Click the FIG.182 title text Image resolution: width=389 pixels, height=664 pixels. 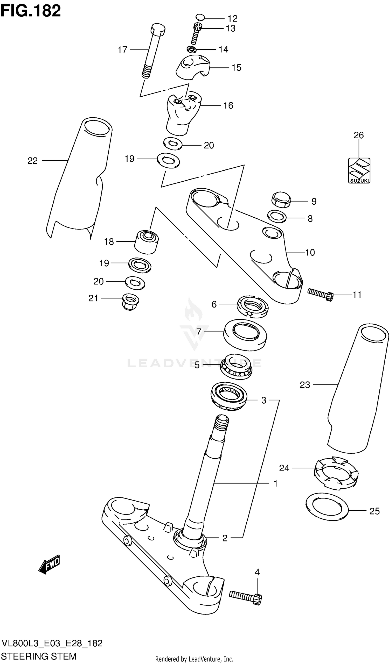[31, 11]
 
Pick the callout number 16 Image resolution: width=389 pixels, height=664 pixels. [228, 106]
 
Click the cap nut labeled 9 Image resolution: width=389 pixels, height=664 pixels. [281, 200]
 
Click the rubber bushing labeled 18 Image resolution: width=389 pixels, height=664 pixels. [146, 242]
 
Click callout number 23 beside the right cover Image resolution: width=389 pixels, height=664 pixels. [305, 385]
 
